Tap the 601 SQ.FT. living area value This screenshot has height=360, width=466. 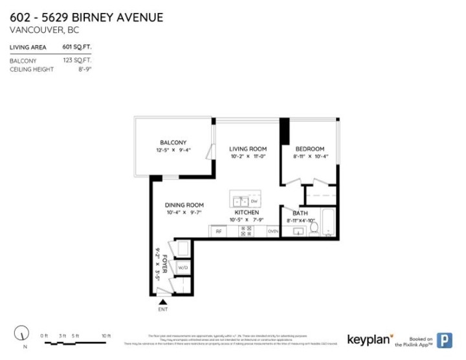(x=76, y=47)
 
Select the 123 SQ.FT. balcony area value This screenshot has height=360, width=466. (x=77, y=60)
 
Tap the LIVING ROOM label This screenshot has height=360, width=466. (x=249, y=149)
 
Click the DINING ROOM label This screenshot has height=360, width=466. (x=184, y=205)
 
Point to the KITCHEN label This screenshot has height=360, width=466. (x=247, y=212)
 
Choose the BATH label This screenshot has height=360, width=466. (x=300, y=213)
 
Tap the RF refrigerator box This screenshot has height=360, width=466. (x=219, y=231)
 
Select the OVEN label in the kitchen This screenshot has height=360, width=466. (x=273, y=231)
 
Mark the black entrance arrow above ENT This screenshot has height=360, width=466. (x=162, y=300)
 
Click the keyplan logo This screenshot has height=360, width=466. (x=371, y=339)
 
